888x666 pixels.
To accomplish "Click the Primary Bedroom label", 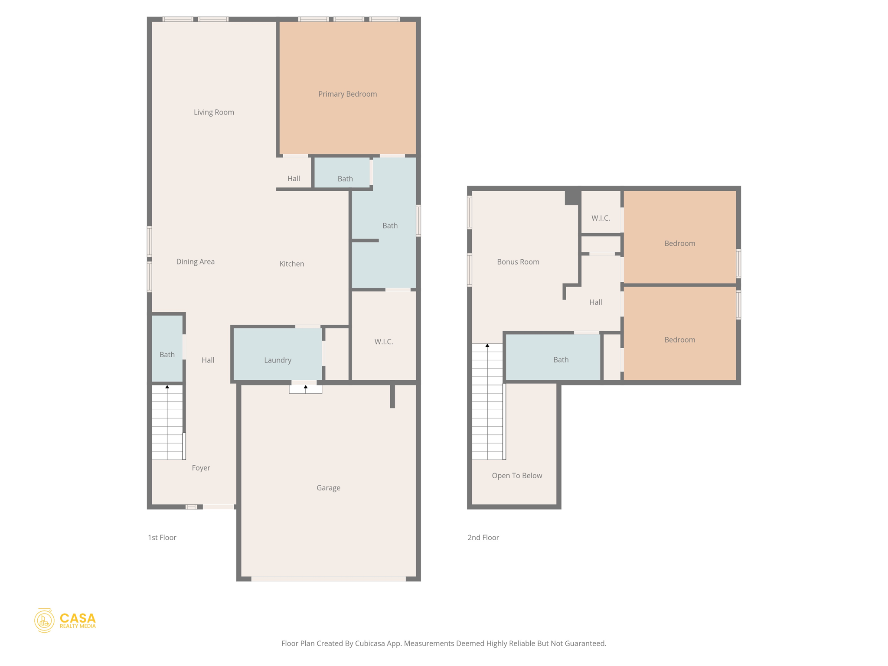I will point(347,94).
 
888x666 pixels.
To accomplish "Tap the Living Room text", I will point(214,112).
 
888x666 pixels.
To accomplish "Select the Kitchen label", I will point(291,264).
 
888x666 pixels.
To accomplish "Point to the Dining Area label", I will point(195,261).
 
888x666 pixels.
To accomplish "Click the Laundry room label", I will point(277,360).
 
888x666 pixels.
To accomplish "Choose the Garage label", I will point(328,488).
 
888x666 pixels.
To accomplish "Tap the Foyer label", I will point(201,468).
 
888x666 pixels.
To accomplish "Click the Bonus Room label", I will point(518,262).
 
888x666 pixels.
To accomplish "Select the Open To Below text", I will point(516,476).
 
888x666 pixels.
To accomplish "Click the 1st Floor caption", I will point(162,538).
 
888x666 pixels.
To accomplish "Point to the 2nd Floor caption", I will point(483,538).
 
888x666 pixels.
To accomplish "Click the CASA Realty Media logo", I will point(65,620).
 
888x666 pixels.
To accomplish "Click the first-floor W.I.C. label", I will point(383,342).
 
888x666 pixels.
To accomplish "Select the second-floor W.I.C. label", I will point(601,218).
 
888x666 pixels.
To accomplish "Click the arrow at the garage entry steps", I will point(306,387).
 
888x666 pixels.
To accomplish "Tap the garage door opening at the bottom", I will point(328,579).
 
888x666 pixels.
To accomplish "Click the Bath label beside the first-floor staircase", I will point(167,355).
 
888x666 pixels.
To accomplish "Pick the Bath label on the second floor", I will point(561,360).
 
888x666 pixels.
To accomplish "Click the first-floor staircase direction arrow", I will point(167,387).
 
